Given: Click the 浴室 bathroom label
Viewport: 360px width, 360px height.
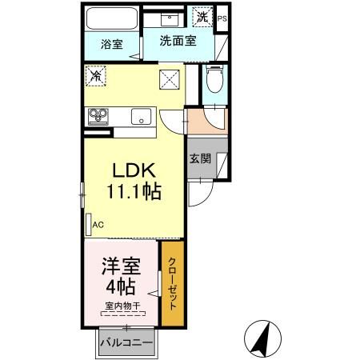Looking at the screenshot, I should pos(111,44).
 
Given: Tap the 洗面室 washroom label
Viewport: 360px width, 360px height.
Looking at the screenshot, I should pos(177,42).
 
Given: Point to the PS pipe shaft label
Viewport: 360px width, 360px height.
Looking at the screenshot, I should pos(222,17).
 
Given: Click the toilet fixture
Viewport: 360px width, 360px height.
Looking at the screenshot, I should pos(214,81).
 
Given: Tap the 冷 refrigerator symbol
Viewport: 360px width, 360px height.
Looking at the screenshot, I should pos(96,77).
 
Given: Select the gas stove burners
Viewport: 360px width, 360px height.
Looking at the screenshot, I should pos(99,115).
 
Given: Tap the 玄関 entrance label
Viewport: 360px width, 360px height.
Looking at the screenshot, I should pos(200,158).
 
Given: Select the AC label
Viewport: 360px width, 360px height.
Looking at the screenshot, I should pos(98,225).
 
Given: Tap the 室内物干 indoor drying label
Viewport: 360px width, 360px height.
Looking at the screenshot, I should pos(122,306).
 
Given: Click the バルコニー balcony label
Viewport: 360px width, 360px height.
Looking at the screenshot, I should pos(126,344).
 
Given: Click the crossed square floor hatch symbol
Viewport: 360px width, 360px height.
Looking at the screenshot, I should pos(170,79).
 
